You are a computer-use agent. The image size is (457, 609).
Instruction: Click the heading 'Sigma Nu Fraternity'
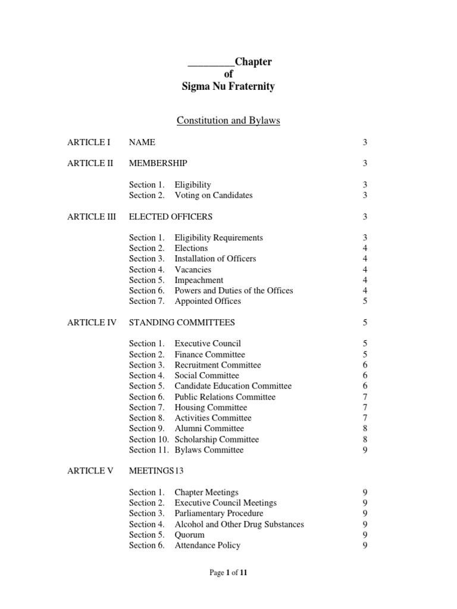click(228, 87)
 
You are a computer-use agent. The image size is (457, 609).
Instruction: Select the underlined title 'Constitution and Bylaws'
click(228, 121)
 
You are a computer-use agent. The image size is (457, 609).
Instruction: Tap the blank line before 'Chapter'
click(211, 62)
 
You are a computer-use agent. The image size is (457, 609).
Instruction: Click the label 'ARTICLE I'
click(89, 142)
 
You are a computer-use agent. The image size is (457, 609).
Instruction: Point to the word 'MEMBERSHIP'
click(158, 164)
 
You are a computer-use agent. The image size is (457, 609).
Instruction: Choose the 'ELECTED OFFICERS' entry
click(171, 216)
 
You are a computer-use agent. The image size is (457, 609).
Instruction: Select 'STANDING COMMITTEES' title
click(181, 322)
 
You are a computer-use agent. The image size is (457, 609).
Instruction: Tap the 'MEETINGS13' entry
click(156, 471)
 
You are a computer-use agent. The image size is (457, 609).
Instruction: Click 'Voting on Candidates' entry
click(213, 195)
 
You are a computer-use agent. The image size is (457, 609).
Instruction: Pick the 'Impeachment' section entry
click(199, 280)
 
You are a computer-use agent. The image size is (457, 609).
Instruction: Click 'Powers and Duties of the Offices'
click(233, 291)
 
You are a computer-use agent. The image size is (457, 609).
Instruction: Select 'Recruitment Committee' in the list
click(217, 365)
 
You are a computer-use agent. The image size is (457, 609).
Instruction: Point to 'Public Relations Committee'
click(225, 397)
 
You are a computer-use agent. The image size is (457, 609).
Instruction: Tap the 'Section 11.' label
click(149, 450)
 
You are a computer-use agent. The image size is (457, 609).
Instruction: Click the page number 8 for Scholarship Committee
click(365, 440)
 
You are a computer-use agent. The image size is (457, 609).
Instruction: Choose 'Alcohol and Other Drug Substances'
click(239, 524)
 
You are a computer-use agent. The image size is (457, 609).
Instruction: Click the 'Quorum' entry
click(189, 535)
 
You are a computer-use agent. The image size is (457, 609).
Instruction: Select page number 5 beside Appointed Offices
click(365, 302)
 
